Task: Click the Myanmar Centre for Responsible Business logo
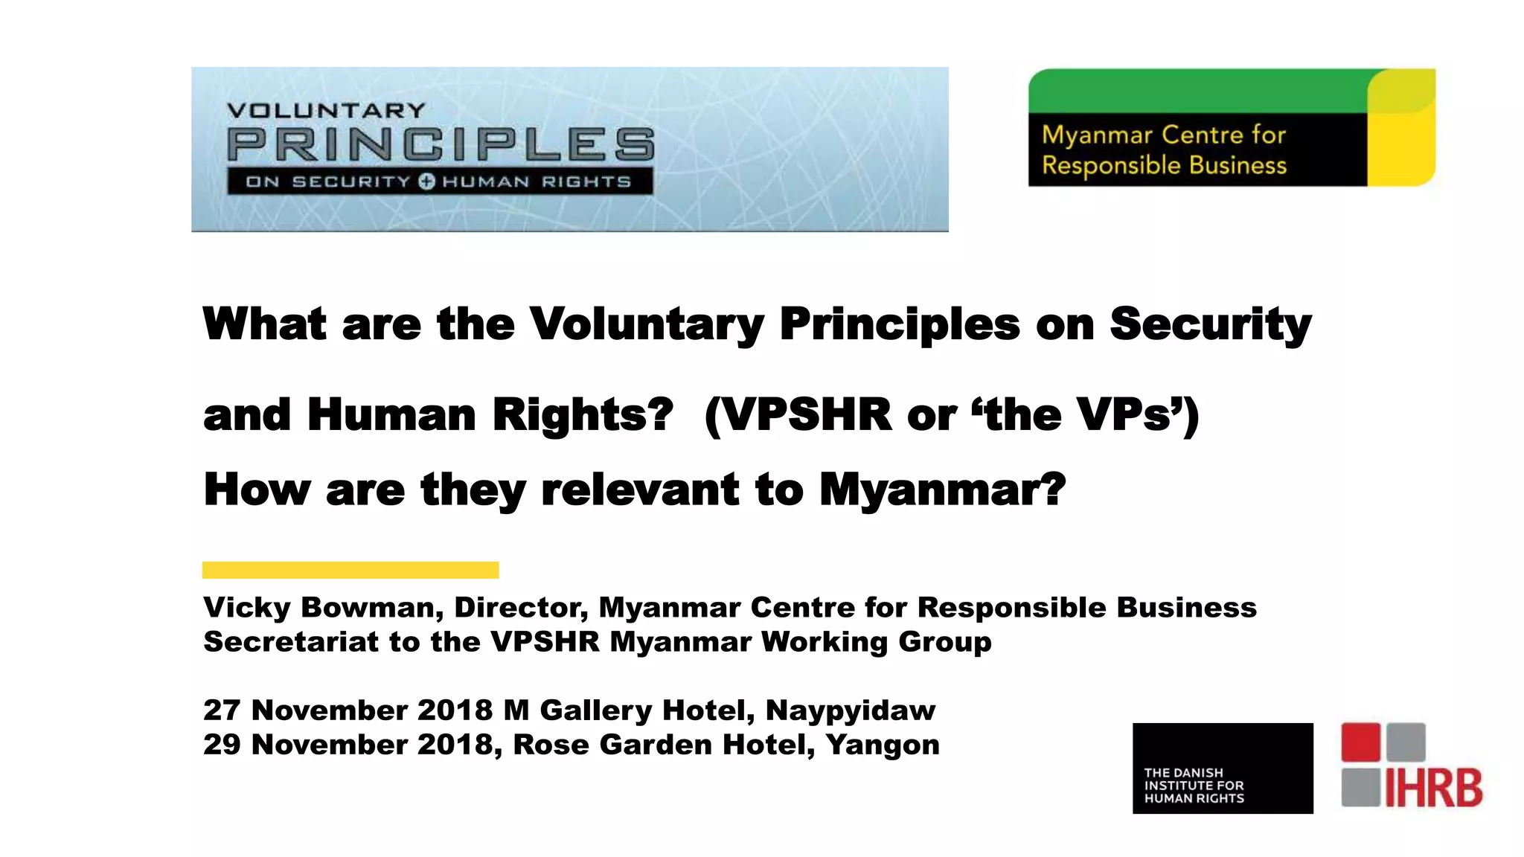coord(1232,127)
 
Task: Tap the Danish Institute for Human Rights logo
coord(1223,768)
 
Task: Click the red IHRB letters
coord(1433,788)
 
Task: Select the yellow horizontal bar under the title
coord(350,570)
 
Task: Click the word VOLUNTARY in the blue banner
coord(326,111)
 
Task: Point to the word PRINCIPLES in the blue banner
coord(441,144)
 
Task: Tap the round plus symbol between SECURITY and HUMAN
coord(426,182)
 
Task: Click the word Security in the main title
coord(1210,324)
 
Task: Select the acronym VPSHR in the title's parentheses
coord(807,414)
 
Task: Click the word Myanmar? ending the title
coord(943,490)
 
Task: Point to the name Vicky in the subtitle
coord(246,608)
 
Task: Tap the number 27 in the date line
coord(222,710)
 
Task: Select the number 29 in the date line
coord(222,744)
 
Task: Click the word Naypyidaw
coord(850,710)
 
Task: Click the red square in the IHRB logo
coord(1360,742)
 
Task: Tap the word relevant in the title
coord(640,490)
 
